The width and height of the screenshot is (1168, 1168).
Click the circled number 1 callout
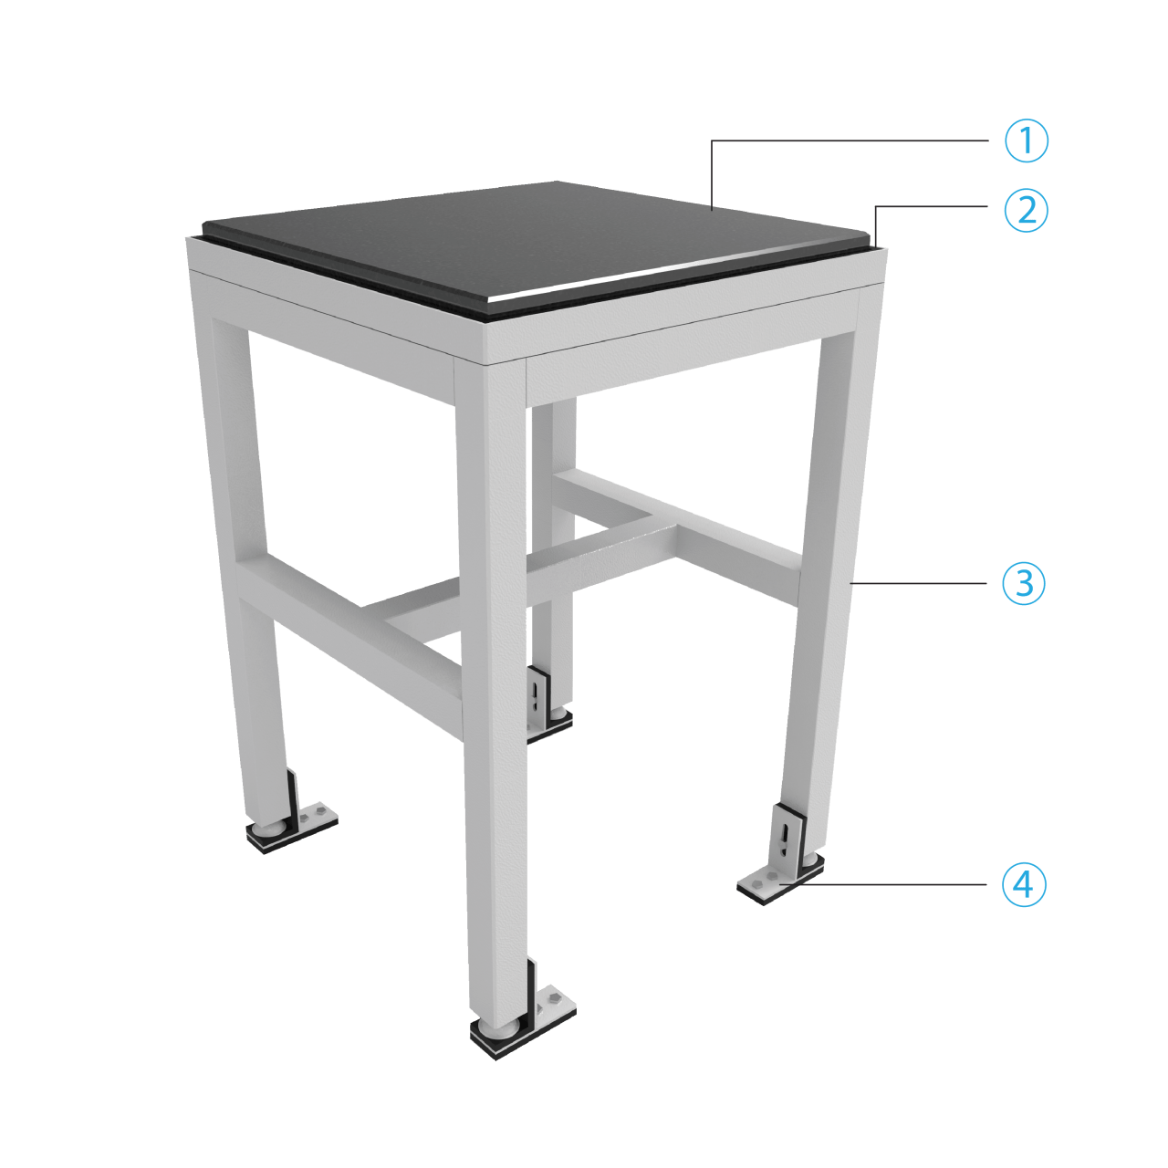coord(1027,141)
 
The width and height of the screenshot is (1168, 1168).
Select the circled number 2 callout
coord(1027,211)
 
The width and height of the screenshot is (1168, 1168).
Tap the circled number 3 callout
coord(1023,582)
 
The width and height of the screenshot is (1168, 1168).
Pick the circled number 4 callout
coord(1023,884)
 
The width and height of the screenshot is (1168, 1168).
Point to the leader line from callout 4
coord(894,884)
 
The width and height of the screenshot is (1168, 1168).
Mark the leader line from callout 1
coord(849,141)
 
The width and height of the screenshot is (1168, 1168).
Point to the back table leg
coord(552,547)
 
